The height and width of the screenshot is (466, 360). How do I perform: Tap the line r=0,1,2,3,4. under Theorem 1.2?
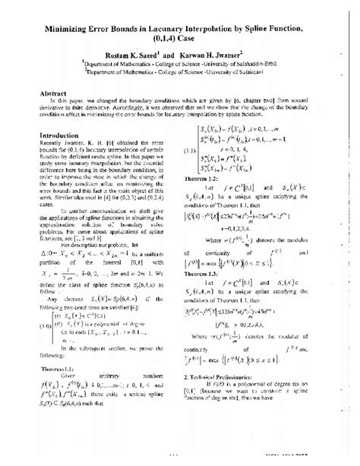232,249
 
